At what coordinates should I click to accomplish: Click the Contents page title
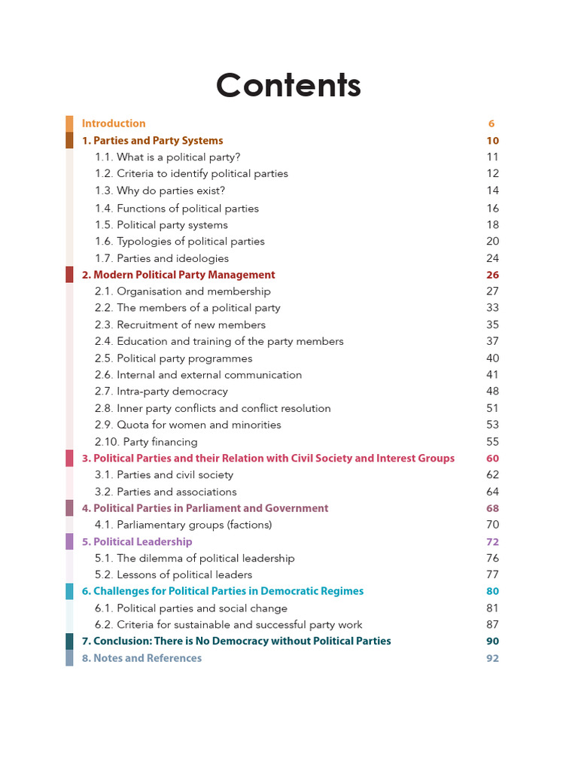pos(288,86)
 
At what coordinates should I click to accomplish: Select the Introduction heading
pos(114,123)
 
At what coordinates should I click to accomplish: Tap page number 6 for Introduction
pos(491,123)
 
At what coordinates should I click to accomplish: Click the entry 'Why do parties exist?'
pos(160,190)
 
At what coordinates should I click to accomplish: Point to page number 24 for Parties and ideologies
pos(492,258)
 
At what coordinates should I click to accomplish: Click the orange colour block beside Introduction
pos(69,123)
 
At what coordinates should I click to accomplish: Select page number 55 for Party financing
pos(492,442)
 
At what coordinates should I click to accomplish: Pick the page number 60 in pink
pos(492,459)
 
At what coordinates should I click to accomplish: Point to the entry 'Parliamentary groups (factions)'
pos(183,525)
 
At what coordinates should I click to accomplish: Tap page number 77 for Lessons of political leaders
pos(492,575)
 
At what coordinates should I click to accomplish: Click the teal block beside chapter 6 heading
pos(69,592)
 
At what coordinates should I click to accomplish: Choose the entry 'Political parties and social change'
pos(191,608)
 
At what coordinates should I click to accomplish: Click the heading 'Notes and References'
pos(141,658)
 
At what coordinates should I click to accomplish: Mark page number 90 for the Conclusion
pos(492,641)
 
